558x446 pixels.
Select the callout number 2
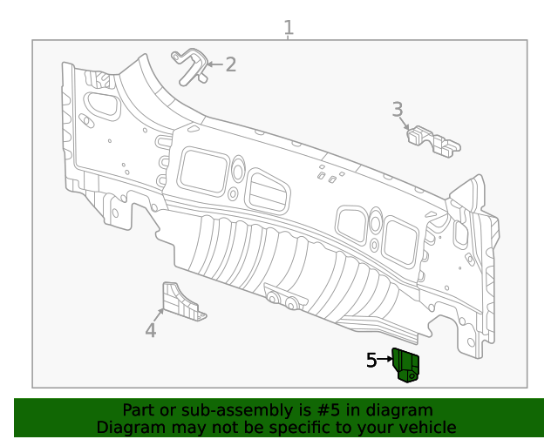tap(230, 64)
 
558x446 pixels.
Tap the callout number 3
tap(398, 110)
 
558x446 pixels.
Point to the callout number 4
tap(151, 329)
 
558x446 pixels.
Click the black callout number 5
tap(371, 360)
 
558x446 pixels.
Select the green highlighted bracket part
tap(406, 364)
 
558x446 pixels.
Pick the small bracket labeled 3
tap(434, 140)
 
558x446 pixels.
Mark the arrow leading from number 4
tap(160, 314)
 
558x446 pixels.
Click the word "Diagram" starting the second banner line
tap(129, 427)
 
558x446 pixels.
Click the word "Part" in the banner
tap(138, 410)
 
